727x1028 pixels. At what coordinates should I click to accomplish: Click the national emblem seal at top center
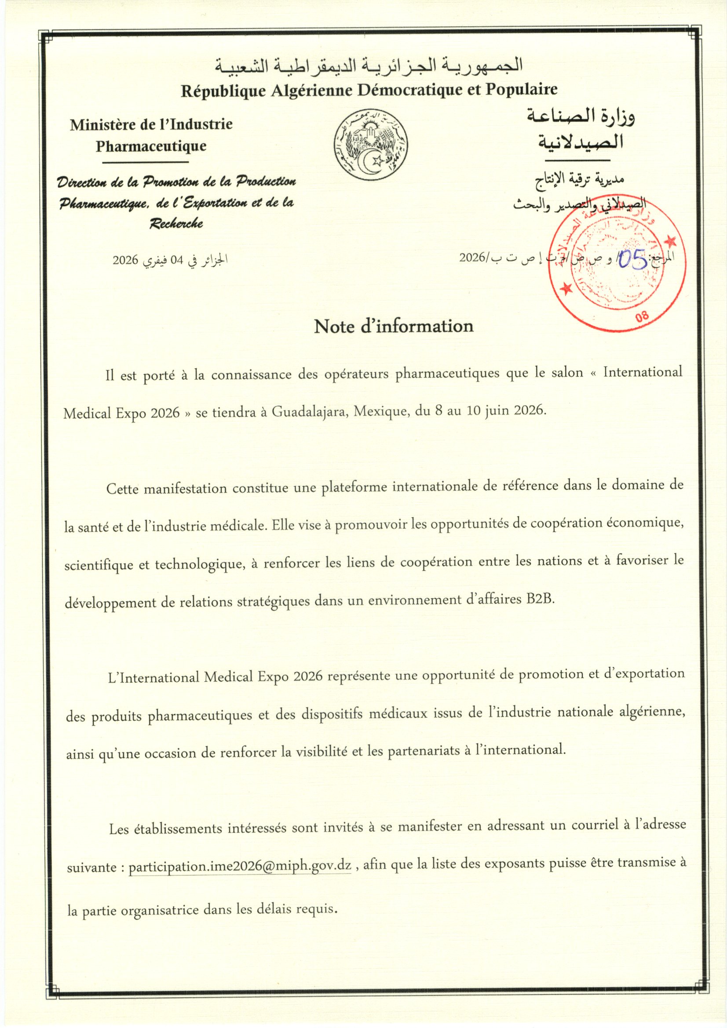[370, 145]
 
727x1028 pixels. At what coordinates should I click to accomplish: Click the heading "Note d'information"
[393, 326]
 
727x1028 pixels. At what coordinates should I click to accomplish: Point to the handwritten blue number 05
[632, 260]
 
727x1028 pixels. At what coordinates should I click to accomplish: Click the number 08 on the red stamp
[642, 316]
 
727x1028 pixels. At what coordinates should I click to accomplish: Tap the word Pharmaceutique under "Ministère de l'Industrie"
[151, 146]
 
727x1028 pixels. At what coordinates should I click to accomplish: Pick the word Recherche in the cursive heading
[176, 223]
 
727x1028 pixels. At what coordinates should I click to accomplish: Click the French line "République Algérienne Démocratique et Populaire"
[369, 91]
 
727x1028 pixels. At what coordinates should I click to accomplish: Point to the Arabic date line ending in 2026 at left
[170, 260]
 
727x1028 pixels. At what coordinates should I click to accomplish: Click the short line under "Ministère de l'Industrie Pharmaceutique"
[145, 162]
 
